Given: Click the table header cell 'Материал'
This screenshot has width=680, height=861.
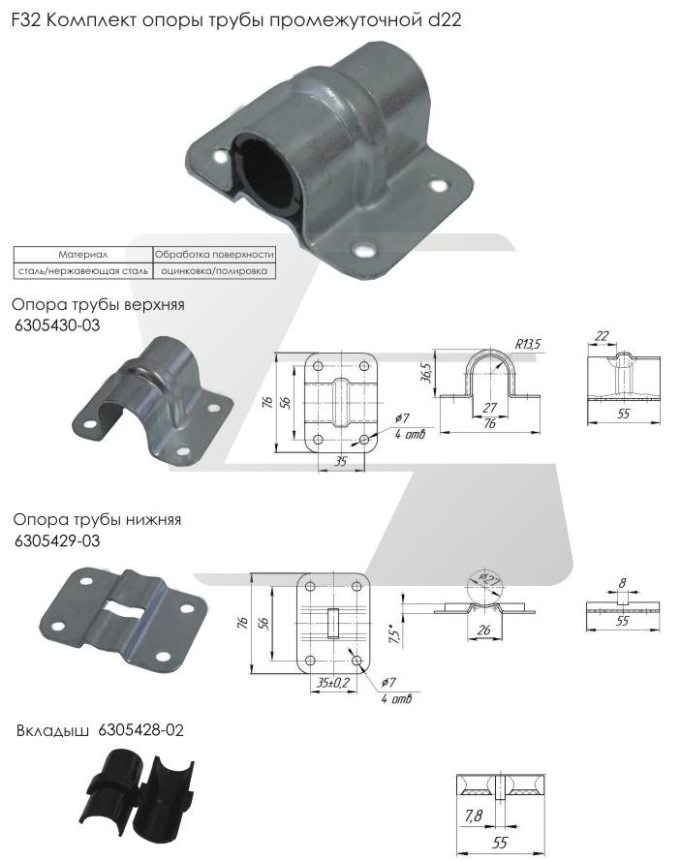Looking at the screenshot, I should tap(82, 254).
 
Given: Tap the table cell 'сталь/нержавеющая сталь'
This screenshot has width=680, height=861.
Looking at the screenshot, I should tap(82, 271).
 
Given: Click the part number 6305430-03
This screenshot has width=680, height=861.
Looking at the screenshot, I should tap(57, 325).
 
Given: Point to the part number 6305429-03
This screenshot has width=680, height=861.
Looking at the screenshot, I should tap(57, 539).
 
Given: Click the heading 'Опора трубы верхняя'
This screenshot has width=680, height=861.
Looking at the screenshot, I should tap(98, 305).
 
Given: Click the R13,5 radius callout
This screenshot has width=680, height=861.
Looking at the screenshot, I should tap(527, 343).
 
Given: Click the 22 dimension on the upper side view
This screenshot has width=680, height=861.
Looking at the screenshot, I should tap(603, 335).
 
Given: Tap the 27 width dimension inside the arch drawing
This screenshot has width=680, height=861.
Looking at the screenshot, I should tap(490, 408).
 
